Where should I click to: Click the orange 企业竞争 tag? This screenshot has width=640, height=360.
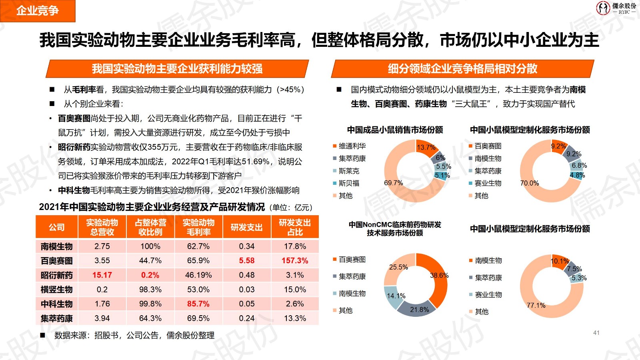pos(37,11)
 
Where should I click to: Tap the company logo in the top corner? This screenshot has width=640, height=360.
pos(616,8)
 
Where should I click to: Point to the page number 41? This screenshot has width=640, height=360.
pos(596,333)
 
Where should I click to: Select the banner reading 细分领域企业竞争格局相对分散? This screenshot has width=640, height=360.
pos(462,69)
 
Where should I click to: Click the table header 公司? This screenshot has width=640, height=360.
pos(57,227)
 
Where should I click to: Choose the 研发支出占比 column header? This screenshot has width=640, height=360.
pos(295,227)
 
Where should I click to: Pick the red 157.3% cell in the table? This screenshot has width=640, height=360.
pos(295,261)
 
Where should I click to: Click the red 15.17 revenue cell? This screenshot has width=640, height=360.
pos(102,275)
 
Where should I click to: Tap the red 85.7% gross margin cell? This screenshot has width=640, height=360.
pos(198,304)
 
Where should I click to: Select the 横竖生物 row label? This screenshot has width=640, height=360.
pos(57,290)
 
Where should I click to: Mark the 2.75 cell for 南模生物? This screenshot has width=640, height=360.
pos(102,246)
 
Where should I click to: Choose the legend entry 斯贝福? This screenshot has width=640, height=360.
pos(349,183)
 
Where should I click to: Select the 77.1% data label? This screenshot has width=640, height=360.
pos(536,306)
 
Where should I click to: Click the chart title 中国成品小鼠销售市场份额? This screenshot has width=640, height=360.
pos(395,130)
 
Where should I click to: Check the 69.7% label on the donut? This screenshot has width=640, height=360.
pos(394,183)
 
